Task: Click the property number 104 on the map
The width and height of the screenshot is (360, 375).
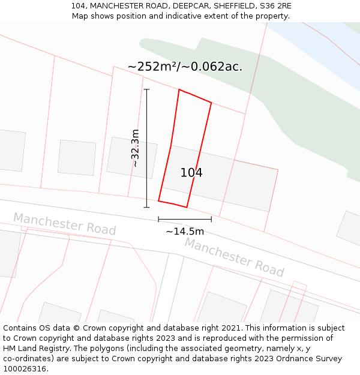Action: point(191,173)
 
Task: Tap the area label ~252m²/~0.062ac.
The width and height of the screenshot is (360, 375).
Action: point(185,67)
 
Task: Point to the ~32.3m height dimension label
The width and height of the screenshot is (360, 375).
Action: point(136,148)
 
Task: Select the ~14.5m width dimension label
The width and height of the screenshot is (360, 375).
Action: point(185,231)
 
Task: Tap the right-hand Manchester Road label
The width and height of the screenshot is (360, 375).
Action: point(234,257)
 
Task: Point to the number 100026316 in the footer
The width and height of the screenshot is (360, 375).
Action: point(25,368)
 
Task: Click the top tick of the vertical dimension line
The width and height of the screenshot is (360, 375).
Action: point(146,89)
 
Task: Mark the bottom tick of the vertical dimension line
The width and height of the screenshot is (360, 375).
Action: point(146,208)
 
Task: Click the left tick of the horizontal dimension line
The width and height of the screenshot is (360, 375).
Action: point(158,219)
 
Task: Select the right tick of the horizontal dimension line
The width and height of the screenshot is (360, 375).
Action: point(211,219)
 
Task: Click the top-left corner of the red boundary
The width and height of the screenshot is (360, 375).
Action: point(179,89)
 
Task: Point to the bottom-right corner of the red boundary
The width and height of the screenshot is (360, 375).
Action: point(187,207)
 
